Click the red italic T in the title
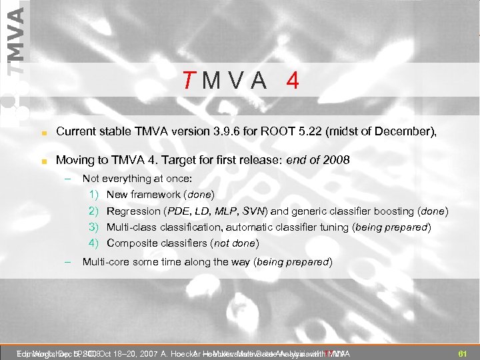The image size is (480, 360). pos(189,81)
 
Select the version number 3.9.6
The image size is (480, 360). pos(239,132)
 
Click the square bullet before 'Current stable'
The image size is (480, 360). pos(42,133)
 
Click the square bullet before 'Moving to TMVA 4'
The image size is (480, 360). pos(42,161)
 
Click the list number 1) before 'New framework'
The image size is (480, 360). pos(94,195)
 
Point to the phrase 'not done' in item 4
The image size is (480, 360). pos(237,243)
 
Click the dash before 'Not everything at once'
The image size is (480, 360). pos(68,179)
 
